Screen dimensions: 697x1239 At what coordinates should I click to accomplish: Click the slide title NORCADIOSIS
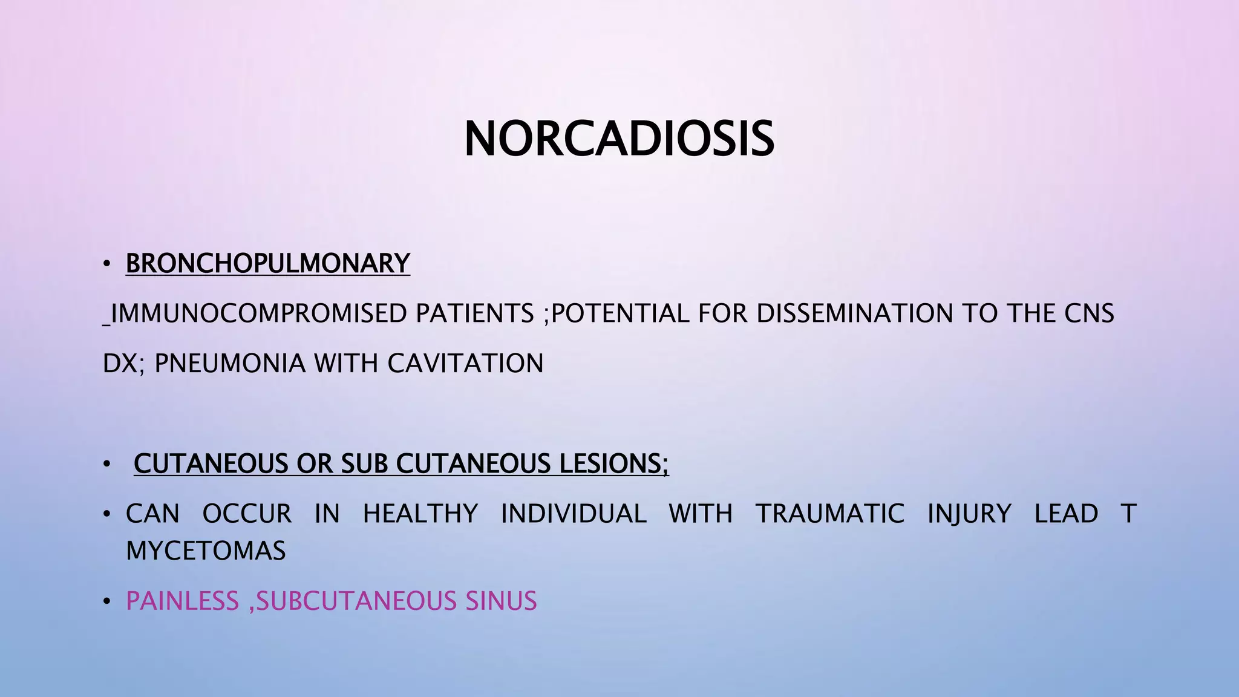point(619,139)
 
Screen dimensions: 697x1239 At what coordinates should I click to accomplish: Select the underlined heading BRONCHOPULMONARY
point(267,263)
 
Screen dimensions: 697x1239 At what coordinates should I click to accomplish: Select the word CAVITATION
point(465,364)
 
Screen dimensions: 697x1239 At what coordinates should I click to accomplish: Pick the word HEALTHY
point(420,514)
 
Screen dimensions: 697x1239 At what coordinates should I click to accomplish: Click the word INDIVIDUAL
point(574,514)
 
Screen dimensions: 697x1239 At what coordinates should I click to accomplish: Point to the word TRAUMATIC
point(830,514)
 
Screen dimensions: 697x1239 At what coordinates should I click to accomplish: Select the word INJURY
point(969,514)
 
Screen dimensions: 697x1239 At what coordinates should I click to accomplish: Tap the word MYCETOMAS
point(206,551)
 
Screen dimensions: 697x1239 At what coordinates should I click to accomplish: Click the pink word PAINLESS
point(182,601)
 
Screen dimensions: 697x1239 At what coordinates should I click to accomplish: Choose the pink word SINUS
point(501,601)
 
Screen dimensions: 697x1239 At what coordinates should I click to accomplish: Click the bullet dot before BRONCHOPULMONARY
point(107,264)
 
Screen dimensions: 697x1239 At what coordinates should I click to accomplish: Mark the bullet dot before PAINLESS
point(107,602)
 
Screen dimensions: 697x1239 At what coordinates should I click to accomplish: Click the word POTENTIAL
point(619,313)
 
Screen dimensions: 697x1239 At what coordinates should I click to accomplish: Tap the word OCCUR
point(247,514)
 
